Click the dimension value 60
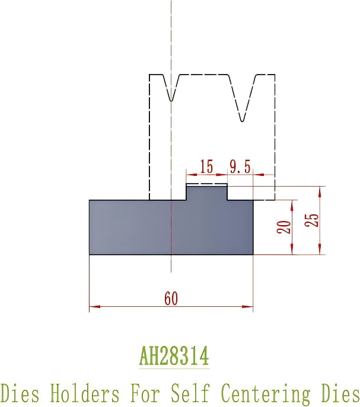click(171, 299)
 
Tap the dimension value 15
click(206, 167)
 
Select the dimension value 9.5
click(240, 167)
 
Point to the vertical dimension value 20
click(284, 227)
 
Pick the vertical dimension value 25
click(313, 219)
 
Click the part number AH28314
click(174, 357)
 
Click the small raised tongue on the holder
click(207, 191)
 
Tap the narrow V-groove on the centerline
click(171, 89)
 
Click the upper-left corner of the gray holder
click(90, 200)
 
